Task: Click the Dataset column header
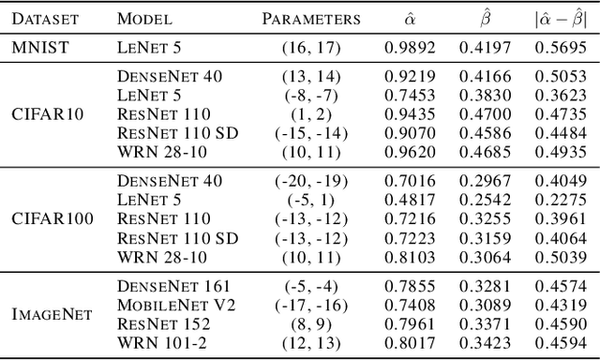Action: coord(45,18)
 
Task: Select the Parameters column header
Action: coord(310,18)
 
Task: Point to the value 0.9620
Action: coord(408,151)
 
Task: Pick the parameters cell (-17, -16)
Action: coord(310,305)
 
